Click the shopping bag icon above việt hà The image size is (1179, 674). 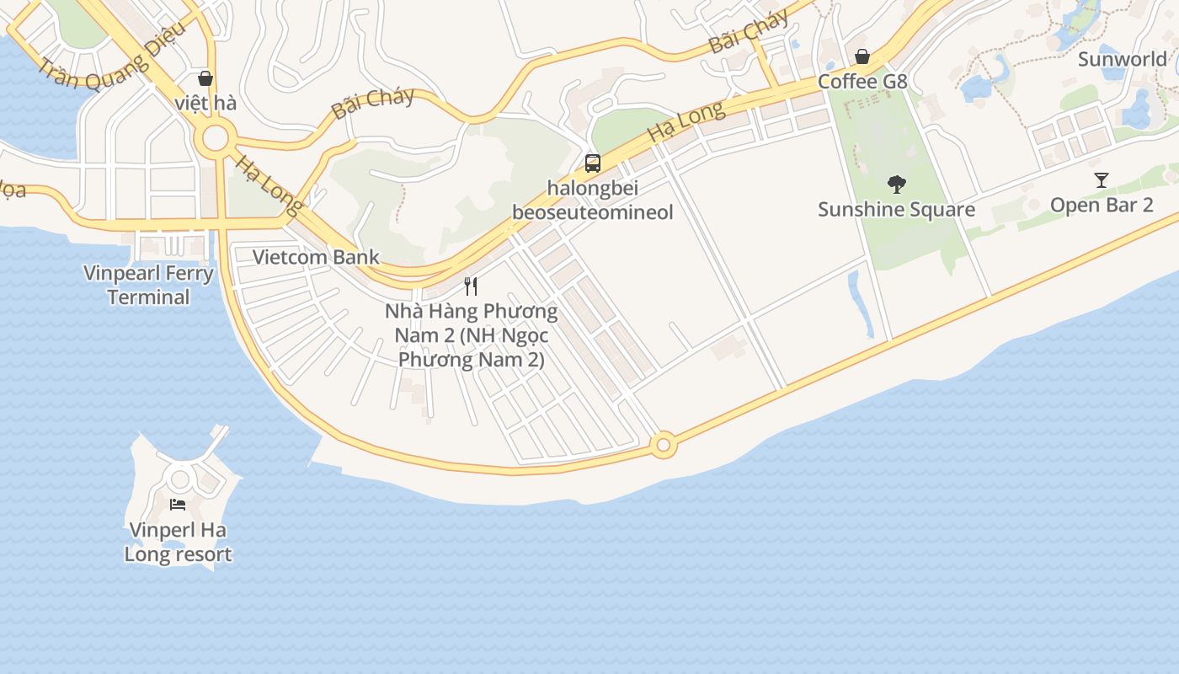[205, 78]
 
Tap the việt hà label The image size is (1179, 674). [205, 104]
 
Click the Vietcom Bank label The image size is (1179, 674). [316, 257]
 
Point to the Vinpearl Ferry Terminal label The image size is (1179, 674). [148, 285]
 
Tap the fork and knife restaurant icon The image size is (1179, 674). [471, 286]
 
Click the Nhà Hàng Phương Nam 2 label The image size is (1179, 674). [471, 335]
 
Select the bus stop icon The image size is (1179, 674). [593, 163]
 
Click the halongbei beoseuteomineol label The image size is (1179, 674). [592, 201]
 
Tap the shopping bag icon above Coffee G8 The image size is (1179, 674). [862, 57]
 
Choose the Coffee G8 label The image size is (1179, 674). [862, 82]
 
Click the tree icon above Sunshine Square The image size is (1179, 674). [897, 184]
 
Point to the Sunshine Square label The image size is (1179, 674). [896, 209]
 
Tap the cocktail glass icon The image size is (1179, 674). [1101, 180]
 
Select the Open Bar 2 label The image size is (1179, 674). [1101, 206]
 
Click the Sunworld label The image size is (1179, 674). [1123, 59]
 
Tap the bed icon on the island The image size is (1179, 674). [178, 505]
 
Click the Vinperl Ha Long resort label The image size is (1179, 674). [178, 542]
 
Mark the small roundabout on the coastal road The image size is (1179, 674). [664, 444]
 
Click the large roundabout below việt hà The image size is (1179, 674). [216, 138]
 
